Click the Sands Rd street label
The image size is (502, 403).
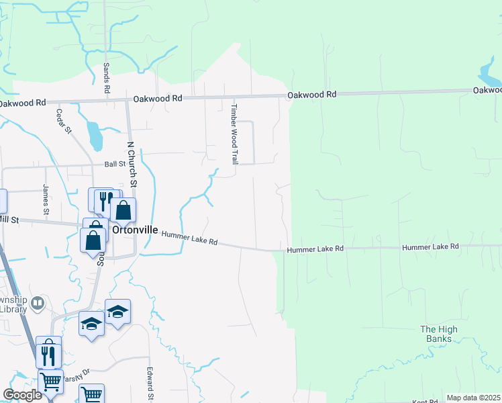coord(106,79)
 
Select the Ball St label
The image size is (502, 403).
coord(115,163)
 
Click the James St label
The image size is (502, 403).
coord(46,199)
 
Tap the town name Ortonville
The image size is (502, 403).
coord(135,230)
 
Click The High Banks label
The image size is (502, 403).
coord(439,334)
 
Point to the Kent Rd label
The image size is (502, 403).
coord(424,401)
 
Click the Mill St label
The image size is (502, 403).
coord(9,220)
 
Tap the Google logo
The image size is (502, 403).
coord(22,394)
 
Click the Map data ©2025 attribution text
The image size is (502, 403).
coord(473,398)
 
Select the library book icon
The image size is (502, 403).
coord(38,304)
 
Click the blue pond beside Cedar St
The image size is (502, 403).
coord(95,136)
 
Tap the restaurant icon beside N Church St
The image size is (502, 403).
coord(105,200)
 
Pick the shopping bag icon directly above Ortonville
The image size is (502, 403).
coord(123,211)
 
